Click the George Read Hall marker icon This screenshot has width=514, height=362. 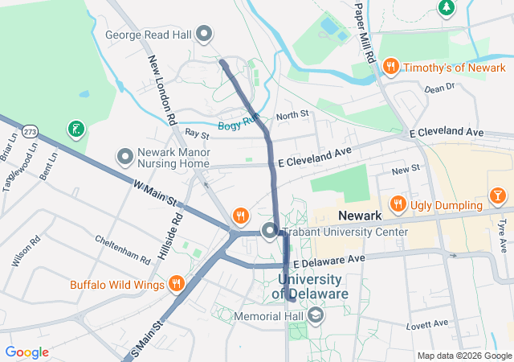205,34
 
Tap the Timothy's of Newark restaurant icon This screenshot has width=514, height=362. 390,67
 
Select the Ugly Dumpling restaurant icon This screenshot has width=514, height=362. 396,204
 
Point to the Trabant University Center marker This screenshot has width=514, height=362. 269,232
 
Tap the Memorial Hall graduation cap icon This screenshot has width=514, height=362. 316,316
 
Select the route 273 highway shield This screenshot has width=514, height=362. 30,130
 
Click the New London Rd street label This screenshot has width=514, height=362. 161,89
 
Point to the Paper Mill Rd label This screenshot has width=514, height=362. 364,32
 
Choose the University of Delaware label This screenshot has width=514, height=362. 313,286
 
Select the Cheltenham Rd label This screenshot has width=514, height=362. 122,250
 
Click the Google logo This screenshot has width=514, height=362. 27,352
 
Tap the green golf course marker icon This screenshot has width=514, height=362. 75,129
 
